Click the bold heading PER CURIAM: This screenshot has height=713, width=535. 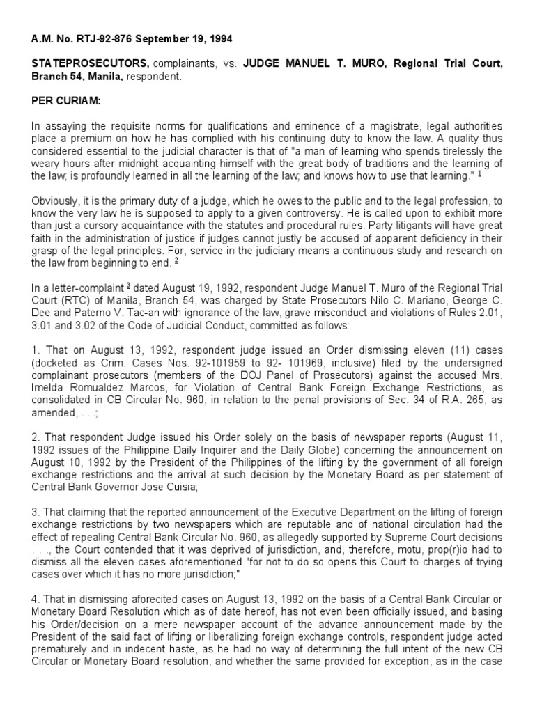pos(66,102)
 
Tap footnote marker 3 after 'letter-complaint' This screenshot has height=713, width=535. pos(109,287)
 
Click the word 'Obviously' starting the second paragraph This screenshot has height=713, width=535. pos(54,201)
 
